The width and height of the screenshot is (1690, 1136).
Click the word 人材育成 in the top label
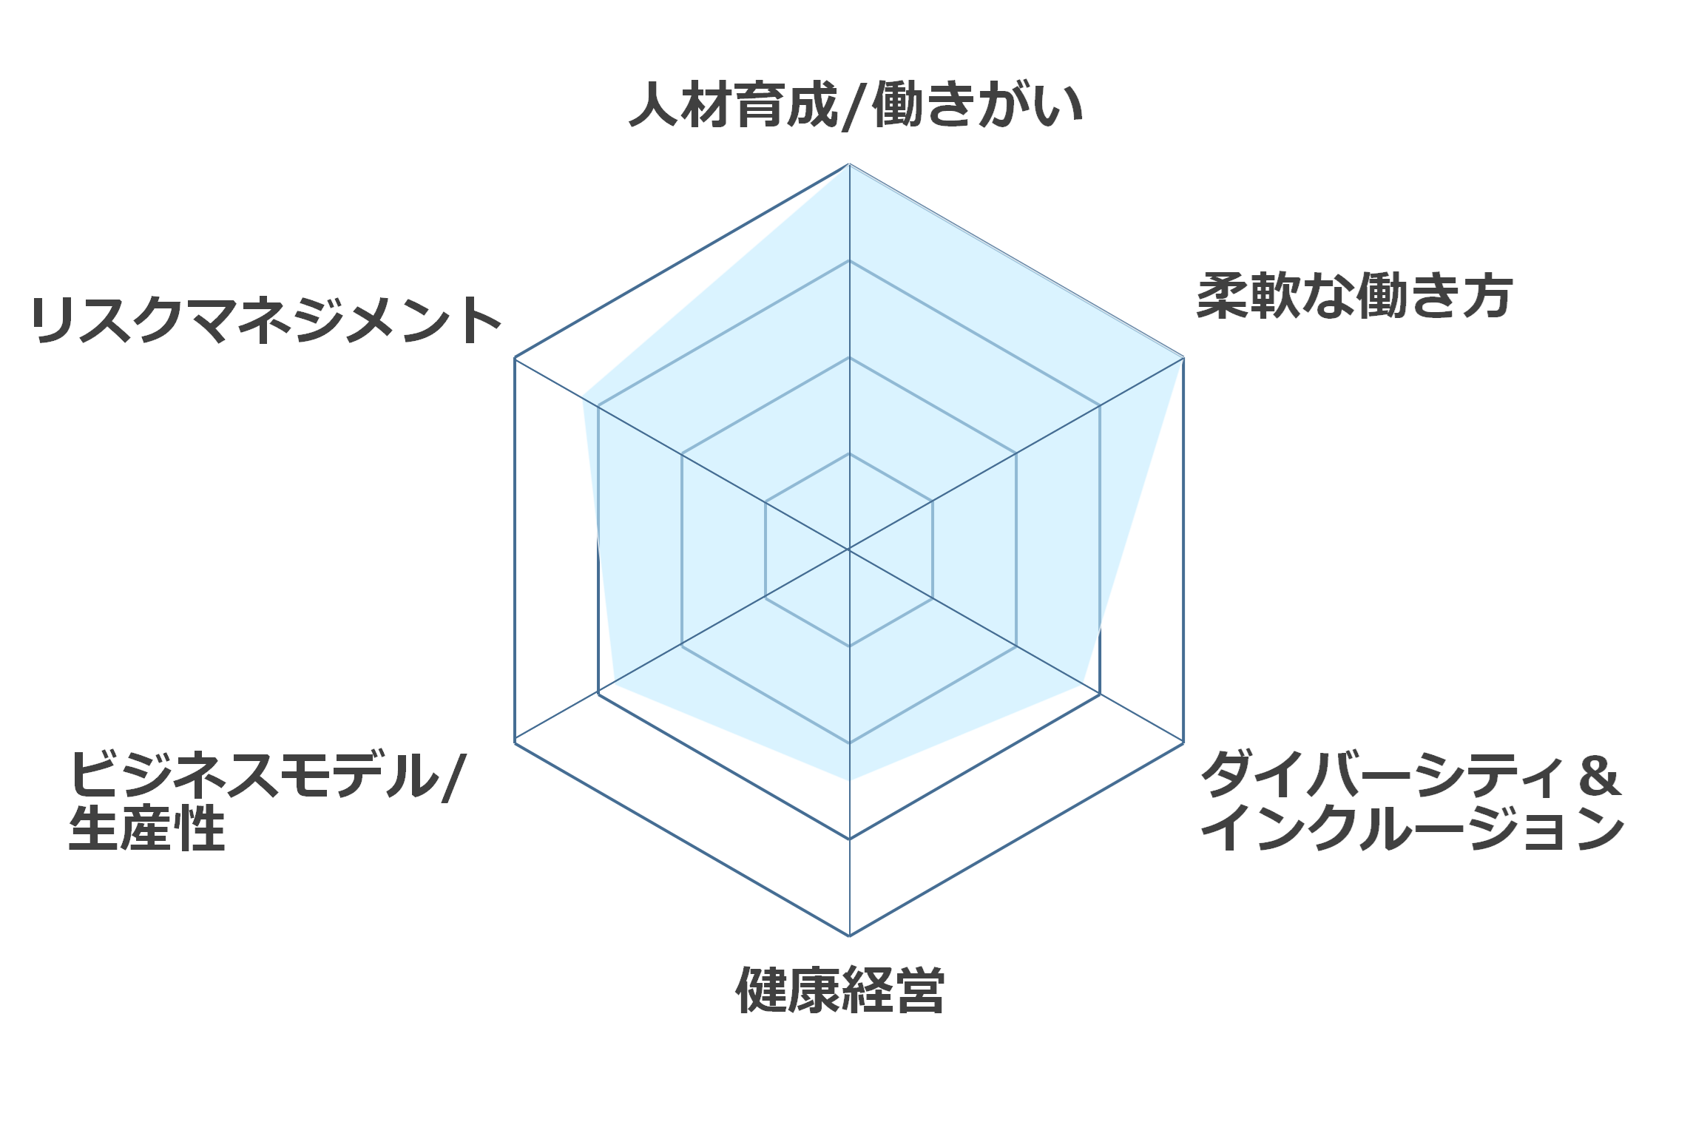tap(733, 106)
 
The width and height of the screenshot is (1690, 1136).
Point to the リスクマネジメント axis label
tap(266, 321)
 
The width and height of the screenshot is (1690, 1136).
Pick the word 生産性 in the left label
tap(147, 828)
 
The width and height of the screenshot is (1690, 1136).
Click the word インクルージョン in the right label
tap(1413, 828)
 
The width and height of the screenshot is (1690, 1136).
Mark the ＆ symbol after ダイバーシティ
tap(1598, 776)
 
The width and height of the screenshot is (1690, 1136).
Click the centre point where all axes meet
tap(849, 550)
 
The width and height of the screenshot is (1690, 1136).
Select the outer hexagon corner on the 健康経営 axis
tap(849, 936)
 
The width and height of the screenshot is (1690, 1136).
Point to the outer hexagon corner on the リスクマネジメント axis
tap(515, 358)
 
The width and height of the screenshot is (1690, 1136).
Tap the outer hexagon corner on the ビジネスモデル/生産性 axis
tap(515, 742)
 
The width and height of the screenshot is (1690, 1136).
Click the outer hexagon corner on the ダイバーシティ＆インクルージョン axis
tap(1183, 742)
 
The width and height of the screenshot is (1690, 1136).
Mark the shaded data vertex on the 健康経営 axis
tap(849, 781)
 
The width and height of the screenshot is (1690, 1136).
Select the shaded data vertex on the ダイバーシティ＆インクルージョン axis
tap(1084, 684)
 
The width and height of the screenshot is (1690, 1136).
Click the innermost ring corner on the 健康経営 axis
tap(849, 646)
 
